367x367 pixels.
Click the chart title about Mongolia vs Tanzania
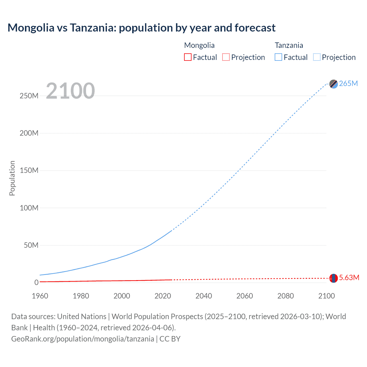pos(141,28)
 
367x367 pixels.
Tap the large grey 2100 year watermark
pos(70,91)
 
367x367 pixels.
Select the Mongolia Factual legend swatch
pos(188,57)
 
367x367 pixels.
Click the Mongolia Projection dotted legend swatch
pos(226,57)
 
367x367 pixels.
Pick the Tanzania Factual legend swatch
pos(278,57)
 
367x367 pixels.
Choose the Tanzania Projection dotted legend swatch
pos(317,57)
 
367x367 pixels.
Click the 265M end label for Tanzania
pos(348,83)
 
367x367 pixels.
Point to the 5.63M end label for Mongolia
pos(349,278)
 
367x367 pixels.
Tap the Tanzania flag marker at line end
pos(333,84)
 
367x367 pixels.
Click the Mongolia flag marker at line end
pos(333,278)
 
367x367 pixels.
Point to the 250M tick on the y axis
pos(29,96)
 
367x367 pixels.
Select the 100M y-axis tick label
pos(29,208)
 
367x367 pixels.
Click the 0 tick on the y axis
pos(36,282)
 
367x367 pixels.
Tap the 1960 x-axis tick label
pos(40,296)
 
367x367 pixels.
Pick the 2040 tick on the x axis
pos(204,296)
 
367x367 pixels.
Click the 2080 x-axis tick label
pos(286,296)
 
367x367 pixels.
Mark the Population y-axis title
pos(12,178)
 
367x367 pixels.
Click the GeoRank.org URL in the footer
pos(83,339)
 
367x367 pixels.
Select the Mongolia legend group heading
pos(199,45)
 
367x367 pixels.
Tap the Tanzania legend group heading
pos(289,45)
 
